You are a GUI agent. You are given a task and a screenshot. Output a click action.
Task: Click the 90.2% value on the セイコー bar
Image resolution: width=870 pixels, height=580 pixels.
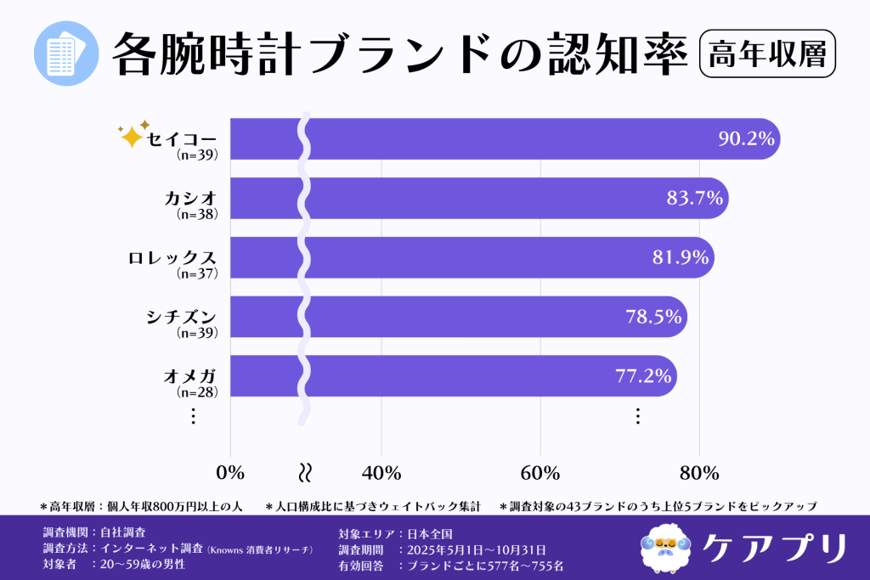pyautogui.click(x=746, y=139)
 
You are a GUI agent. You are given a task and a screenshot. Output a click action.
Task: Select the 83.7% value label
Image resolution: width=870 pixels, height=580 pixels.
pyautogui.click(x=694, y=199)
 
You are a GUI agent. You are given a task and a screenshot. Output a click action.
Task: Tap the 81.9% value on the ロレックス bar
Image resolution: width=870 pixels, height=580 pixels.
pyautogui.click(x=681, y=258)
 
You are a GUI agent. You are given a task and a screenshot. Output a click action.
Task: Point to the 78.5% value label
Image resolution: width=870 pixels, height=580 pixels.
pyautogui.click(x=653, y=317)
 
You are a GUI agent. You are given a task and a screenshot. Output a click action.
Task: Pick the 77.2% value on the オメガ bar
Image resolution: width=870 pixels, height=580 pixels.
pyautogui.click(x=643, y=376)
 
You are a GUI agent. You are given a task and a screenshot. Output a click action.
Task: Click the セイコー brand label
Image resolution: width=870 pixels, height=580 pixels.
pyautogui.click(x=182, y=139)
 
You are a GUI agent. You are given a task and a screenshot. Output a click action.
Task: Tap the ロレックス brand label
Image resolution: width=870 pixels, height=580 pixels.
pyautogui.click(x=173, y=258)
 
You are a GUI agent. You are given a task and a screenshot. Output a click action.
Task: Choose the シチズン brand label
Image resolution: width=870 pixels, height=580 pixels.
pyautogui.click(x=182, y=317)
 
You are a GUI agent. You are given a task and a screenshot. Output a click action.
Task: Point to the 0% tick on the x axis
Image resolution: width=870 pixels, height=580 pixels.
pyautogui.click(x=230, y=472)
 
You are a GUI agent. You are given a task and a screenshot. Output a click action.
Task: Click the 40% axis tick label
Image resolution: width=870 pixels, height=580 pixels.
pyautogui.click(x=381, y=472)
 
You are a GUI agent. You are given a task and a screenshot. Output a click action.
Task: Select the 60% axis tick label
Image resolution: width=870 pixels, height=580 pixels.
pyautogui.click(x=540, y=472)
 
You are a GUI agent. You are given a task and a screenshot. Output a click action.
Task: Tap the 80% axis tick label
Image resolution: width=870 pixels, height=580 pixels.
pyautogui.click(x=698, y=472)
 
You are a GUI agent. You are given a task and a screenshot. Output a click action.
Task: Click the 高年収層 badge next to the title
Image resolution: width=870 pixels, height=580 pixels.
pyautogui.click(x=766, y=53)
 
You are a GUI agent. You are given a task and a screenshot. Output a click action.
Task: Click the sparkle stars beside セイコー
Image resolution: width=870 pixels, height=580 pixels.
pyautogui.click(x=133, y=134)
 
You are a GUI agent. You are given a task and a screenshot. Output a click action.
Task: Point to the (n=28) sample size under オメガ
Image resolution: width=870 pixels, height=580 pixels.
pyautogui.click(x=197, y=392)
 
